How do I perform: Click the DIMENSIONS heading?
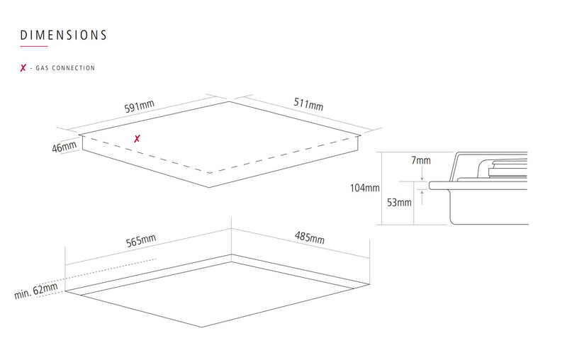(x=63, y=35)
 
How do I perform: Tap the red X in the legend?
(x=23, y=67)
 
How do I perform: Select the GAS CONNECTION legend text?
(x=65, y=68)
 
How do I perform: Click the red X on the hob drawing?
(x=137, y=138)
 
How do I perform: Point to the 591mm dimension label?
(x=139, y=106)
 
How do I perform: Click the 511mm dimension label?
(x=308, y=103)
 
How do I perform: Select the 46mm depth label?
(x=64, y=147)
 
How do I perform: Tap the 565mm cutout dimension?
(x=140, y=240)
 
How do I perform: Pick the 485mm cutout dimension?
(x=310, y=237)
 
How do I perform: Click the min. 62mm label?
(x=36, y=291)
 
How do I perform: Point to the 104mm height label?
(x=365, y=188)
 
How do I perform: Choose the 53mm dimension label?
(x=399, y=203)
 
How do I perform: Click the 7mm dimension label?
(x=421, y=160)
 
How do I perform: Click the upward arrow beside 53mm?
(x=422, y=197)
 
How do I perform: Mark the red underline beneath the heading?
(x=34, y=46)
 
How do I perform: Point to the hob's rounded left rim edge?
(x=430, y=186)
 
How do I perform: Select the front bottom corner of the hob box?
(x=209, y=187)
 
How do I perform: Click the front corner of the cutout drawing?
(x=202, y=327)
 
